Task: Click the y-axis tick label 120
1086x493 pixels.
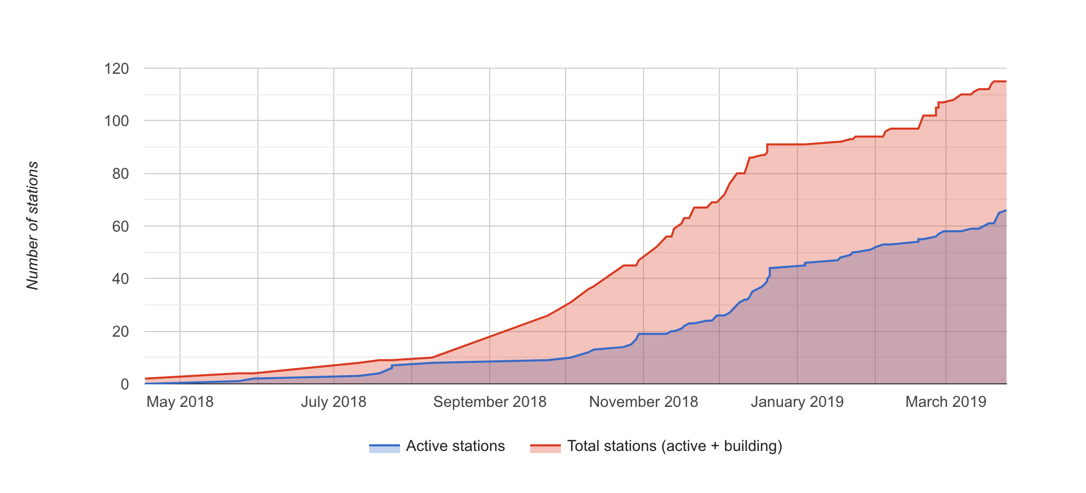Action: tap(116, 69)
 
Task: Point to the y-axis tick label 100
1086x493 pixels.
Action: tap(116, 121)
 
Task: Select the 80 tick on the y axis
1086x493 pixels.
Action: tap(120, 174)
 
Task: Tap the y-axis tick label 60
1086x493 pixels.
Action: tap(120, 227)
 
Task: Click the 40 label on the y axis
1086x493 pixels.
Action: tap(120, 279)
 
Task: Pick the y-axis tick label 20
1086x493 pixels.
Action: tap(120, 332)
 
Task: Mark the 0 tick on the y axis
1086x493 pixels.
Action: tap(125, 384)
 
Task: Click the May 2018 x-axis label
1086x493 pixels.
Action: tap(180, 402)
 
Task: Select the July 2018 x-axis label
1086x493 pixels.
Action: tap(334, 402)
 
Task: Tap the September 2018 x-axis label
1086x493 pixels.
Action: tap(490, 402)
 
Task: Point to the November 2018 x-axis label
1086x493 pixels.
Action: tap(643, 402)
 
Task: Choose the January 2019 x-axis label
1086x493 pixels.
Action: tap(797, 402)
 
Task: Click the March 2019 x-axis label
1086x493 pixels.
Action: tap(946, 402)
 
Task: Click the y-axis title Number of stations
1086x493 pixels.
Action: tap(33, 225)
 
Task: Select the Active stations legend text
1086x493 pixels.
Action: tap(455, 446)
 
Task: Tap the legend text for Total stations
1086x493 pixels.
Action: tap(675, 446)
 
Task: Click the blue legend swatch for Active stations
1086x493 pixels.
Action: tap(384, 447)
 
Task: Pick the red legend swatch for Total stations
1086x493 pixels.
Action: tap(546, 447)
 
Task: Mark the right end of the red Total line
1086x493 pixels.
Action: tap(1006, 81)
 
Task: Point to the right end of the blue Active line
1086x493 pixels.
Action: tap(1006, 210)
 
